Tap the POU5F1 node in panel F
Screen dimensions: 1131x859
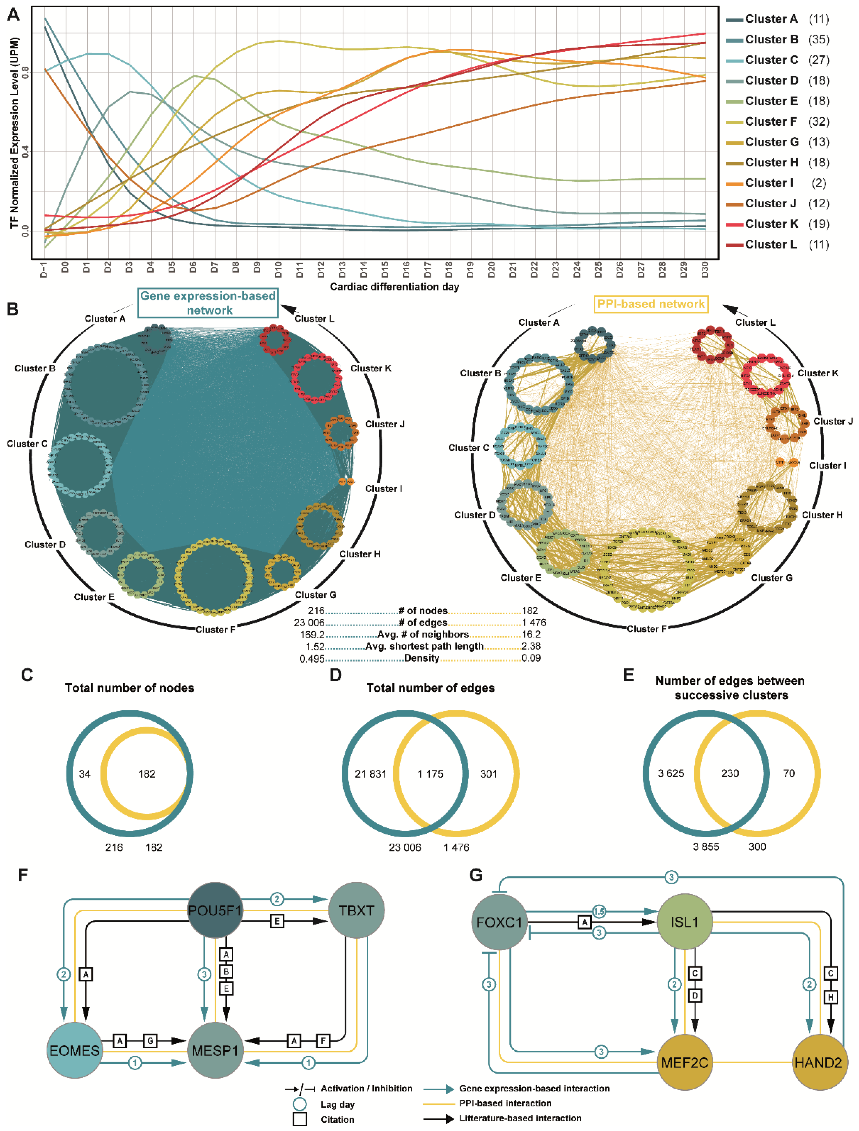click(215, 910)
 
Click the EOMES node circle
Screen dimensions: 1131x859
click(75, 1050)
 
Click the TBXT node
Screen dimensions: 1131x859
click(356, 910)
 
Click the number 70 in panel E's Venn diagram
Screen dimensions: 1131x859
click(789, 773)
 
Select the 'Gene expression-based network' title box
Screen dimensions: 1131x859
click(208, 303)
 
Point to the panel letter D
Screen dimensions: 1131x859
click(335, 675)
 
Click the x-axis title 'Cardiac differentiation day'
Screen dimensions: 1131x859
click(394, 287)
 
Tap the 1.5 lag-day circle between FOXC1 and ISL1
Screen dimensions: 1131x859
click(599, 911)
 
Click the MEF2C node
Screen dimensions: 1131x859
click(684, 1063)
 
